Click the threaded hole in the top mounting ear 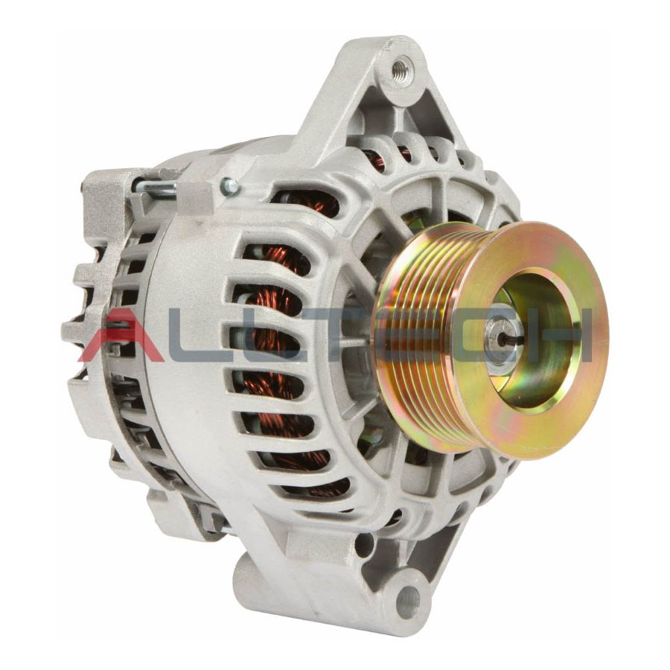(x=401, y=71)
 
